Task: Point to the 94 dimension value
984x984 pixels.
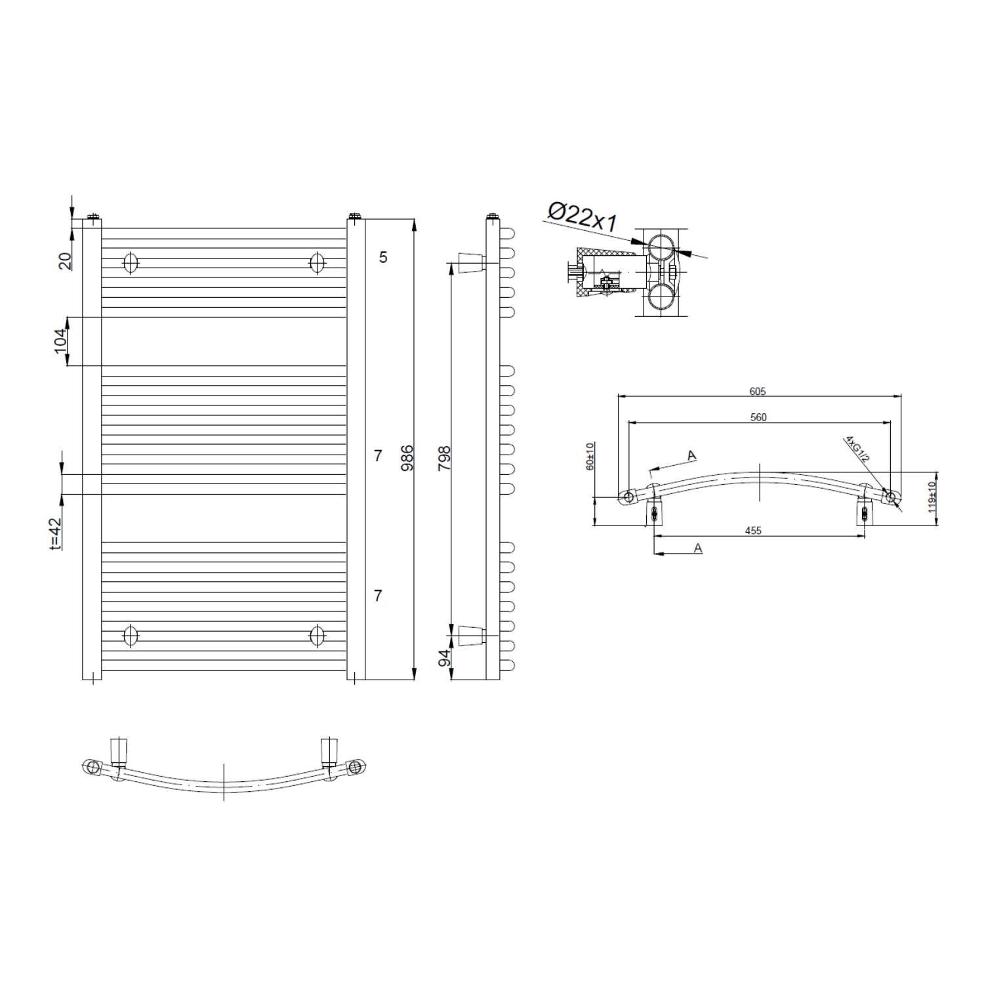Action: coord(445,658)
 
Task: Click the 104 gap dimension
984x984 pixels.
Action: coord(61,341)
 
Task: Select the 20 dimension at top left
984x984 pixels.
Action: coord(65,261)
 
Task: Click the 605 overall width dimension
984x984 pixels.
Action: coord(758,392)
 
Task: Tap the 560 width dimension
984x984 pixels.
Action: coord(758,417)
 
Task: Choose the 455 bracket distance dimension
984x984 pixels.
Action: coord(753,531)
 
